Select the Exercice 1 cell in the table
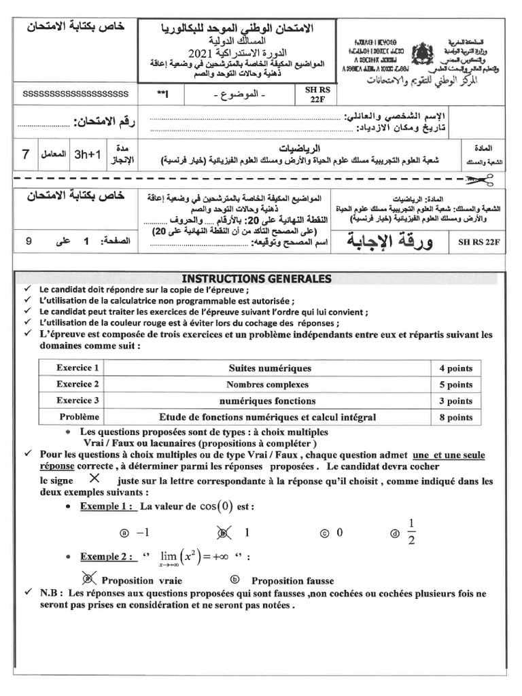[x=77, y=368]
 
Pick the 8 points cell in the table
[x=455, y=417]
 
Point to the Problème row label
[x=79, y=417]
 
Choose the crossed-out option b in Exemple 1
[x=220, y=533]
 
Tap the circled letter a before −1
[x=124, y=534]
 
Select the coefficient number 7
[x=25, y=154]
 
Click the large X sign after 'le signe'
[x=94, y=478]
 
